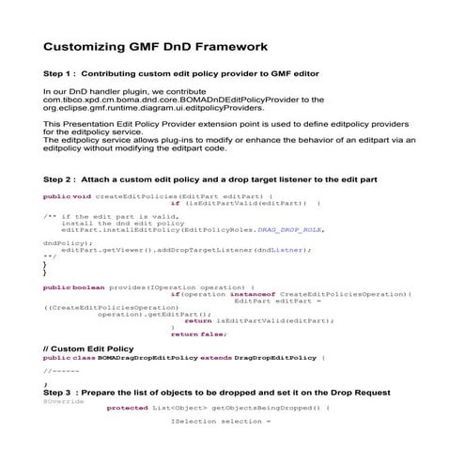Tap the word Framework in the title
tap(228, 45)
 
